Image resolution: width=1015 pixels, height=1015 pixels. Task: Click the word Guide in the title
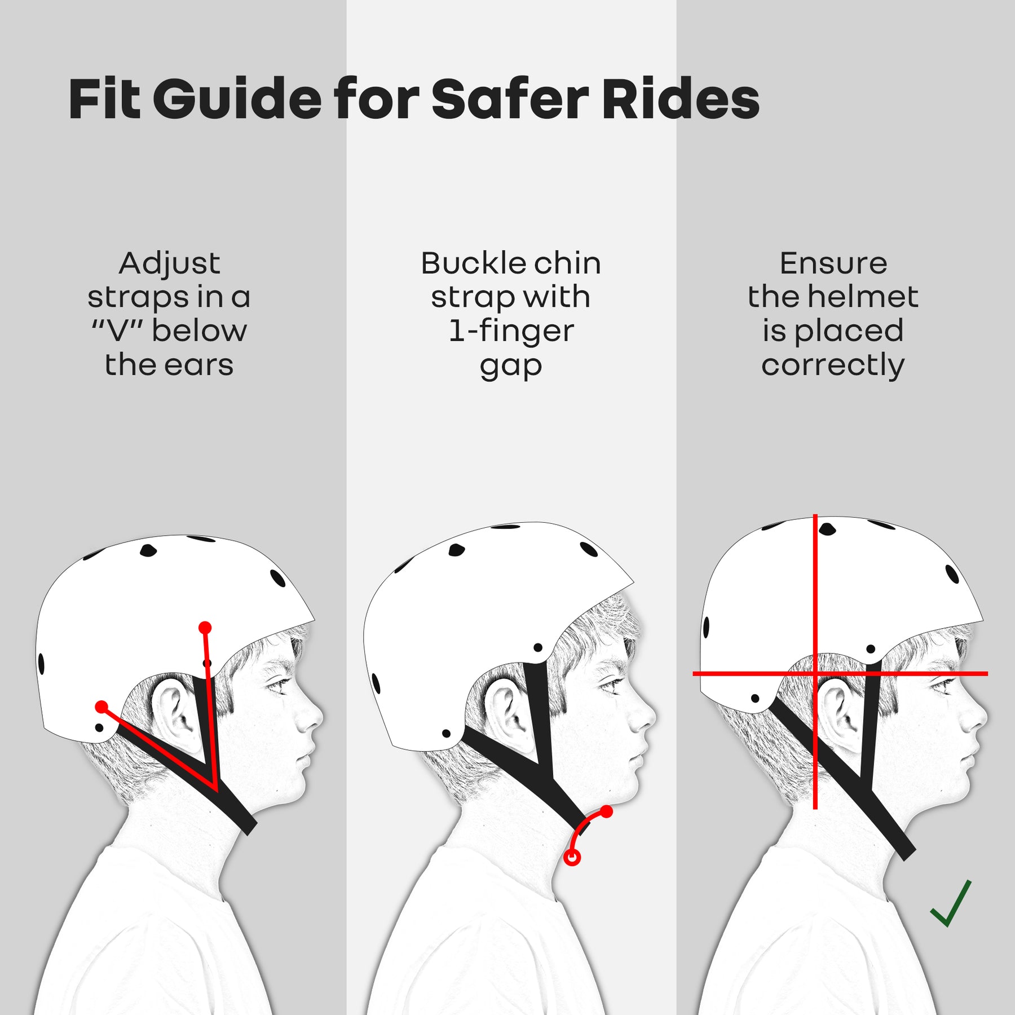(237, 100)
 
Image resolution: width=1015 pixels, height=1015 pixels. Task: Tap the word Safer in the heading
(510, 100)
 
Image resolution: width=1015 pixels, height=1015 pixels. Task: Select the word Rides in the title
(681, 100)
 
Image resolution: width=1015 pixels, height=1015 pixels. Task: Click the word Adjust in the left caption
(169, 263)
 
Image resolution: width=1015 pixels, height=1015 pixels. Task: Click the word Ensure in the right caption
(833, 263)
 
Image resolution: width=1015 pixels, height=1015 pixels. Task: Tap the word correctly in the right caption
(833, 365)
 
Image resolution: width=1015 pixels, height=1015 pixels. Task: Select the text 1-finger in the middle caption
(511, 331)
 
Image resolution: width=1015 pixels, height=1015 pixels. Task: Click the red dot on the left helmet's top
(205, 628)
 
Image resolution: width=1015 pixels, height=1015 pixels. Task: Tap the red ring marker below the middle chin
(572, 858)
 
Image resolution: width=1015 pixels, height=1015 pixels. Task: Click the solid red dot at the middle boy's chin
(606, 812)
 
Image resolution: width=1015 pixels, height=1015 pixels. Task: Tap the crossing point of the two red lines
(815, 673)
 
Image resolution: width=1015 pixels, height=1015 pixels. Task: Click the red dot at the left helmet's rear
(101, 707)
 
